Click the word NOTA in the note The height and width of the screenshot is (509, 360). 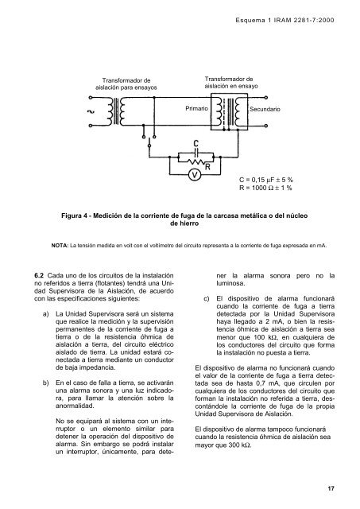pos(63,245)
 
